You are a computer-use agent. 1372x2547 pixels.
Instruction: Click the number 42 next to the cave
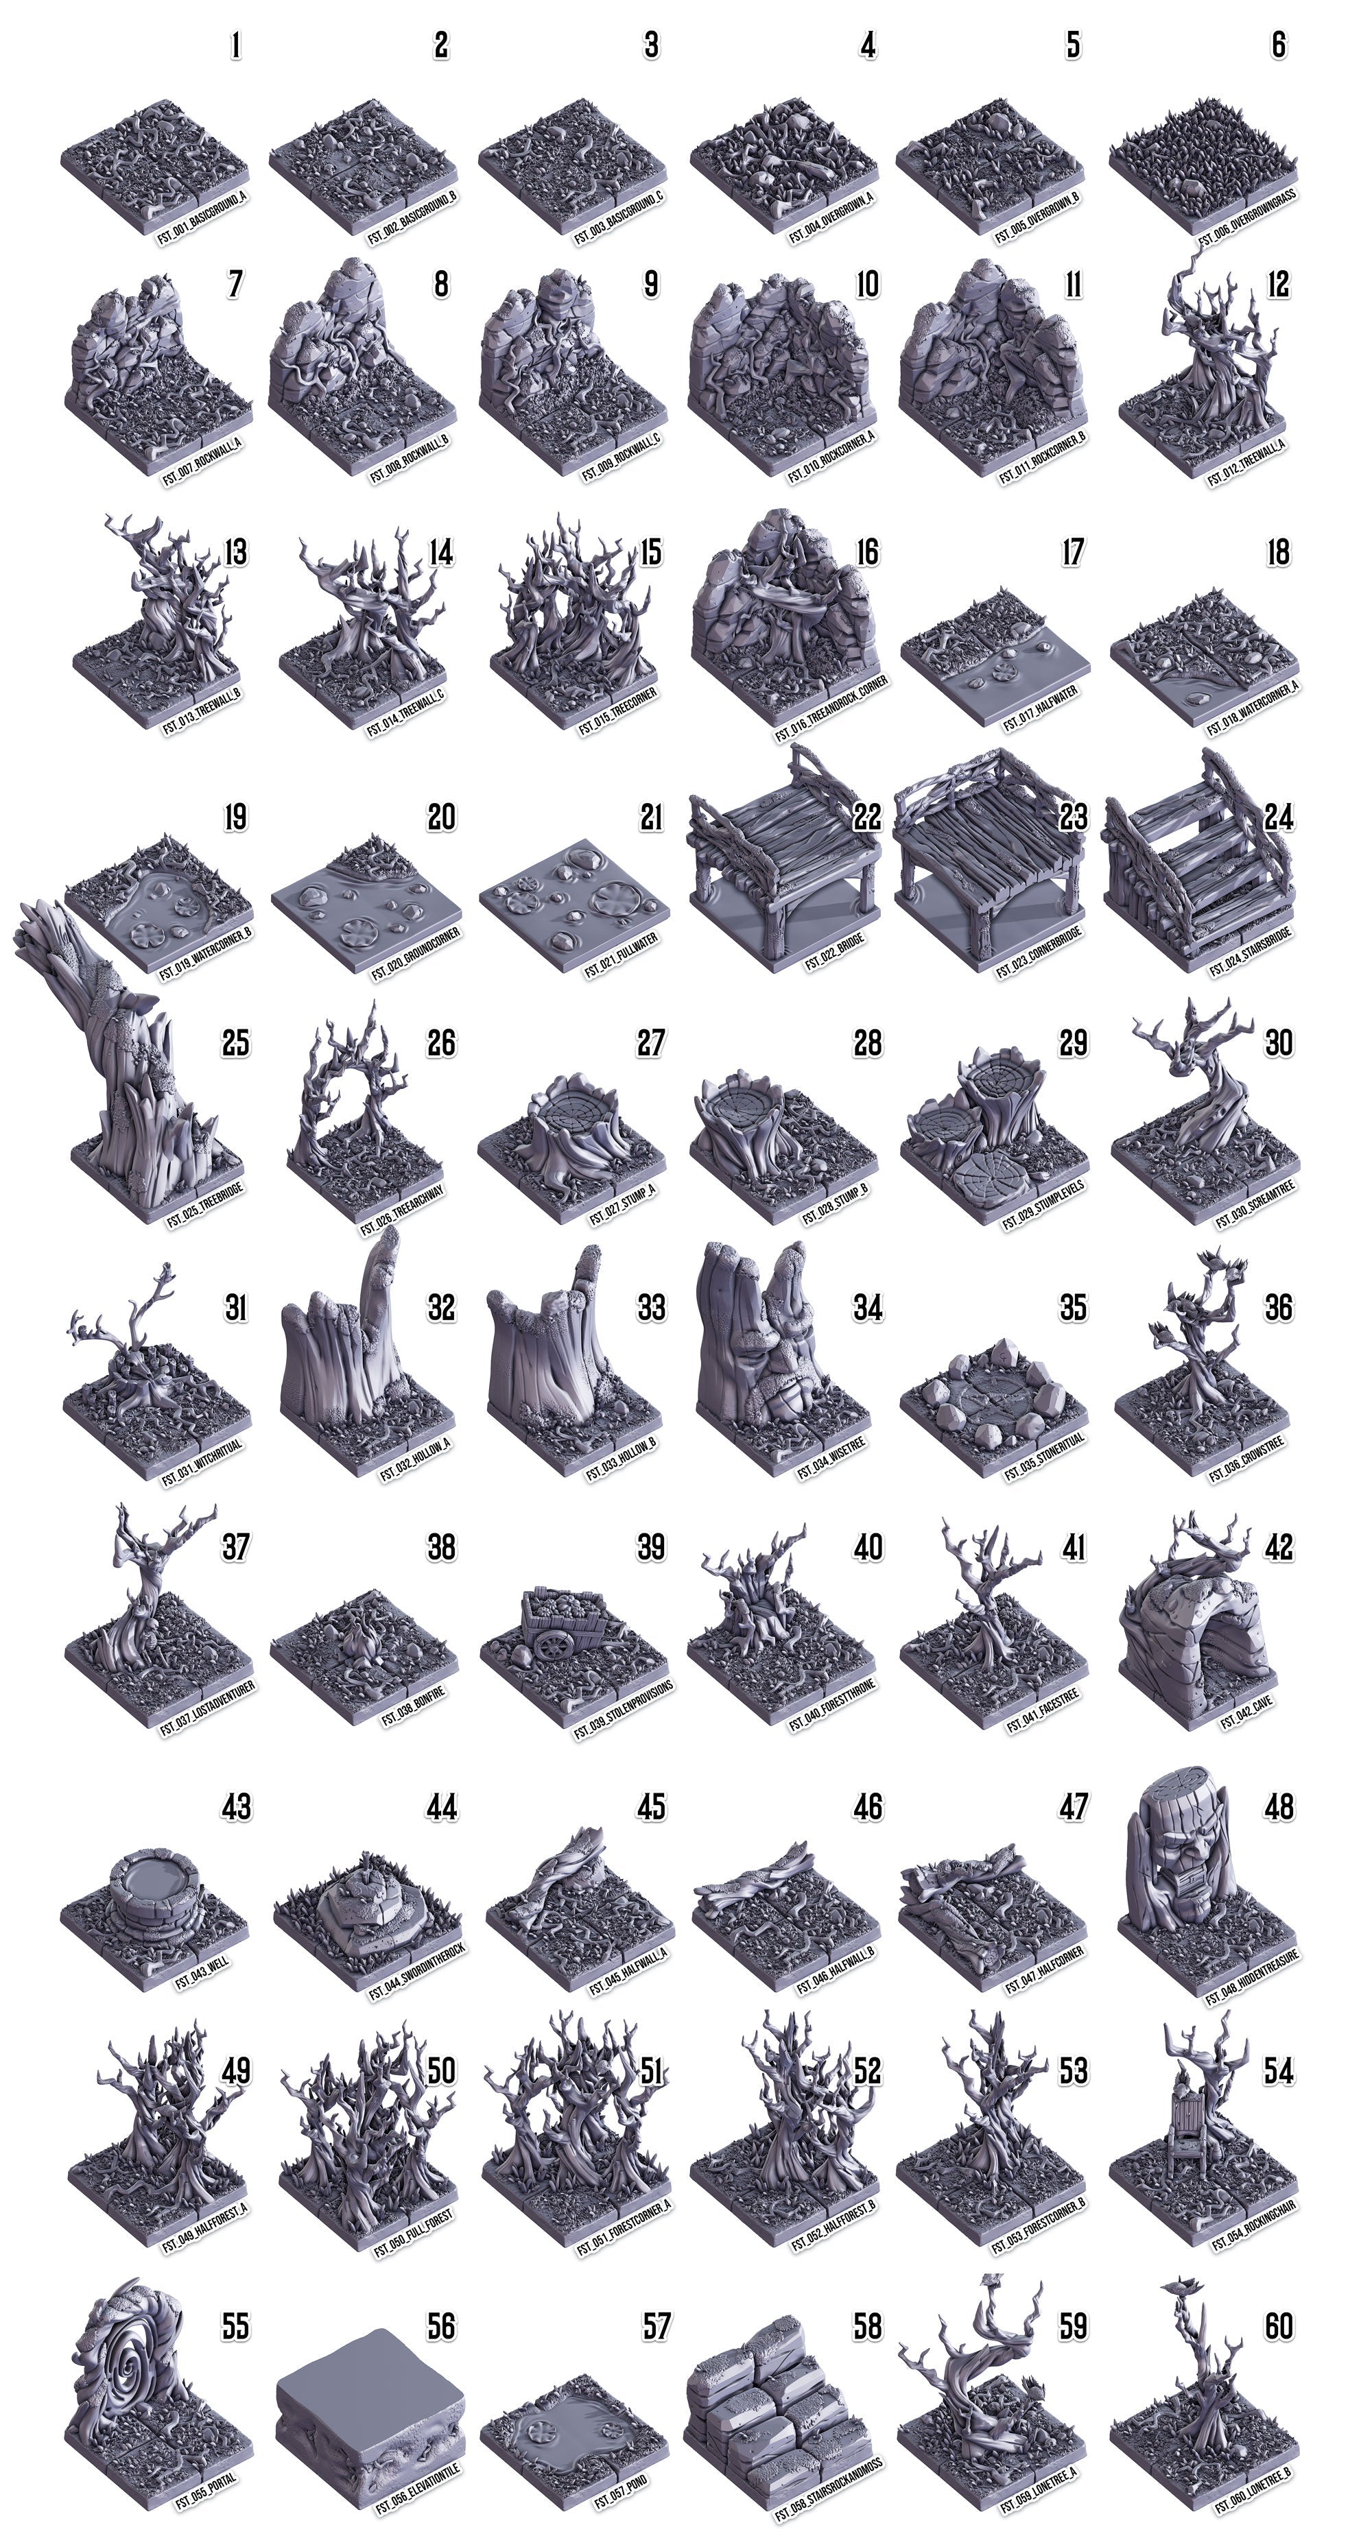[x=1278, y=1547]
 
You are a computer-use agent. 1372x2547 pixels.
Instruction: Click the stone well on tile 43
[x=154, y=1878]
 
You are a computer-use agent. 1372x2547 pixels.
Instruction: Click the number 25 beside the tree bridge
[x=235, y=1043]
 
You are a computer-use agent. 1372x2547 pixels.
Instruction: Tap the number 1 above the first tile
[x=235, y=45]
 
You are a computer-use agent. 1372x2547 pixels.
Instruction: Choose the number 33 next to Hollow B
[x=650, y=1308]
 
